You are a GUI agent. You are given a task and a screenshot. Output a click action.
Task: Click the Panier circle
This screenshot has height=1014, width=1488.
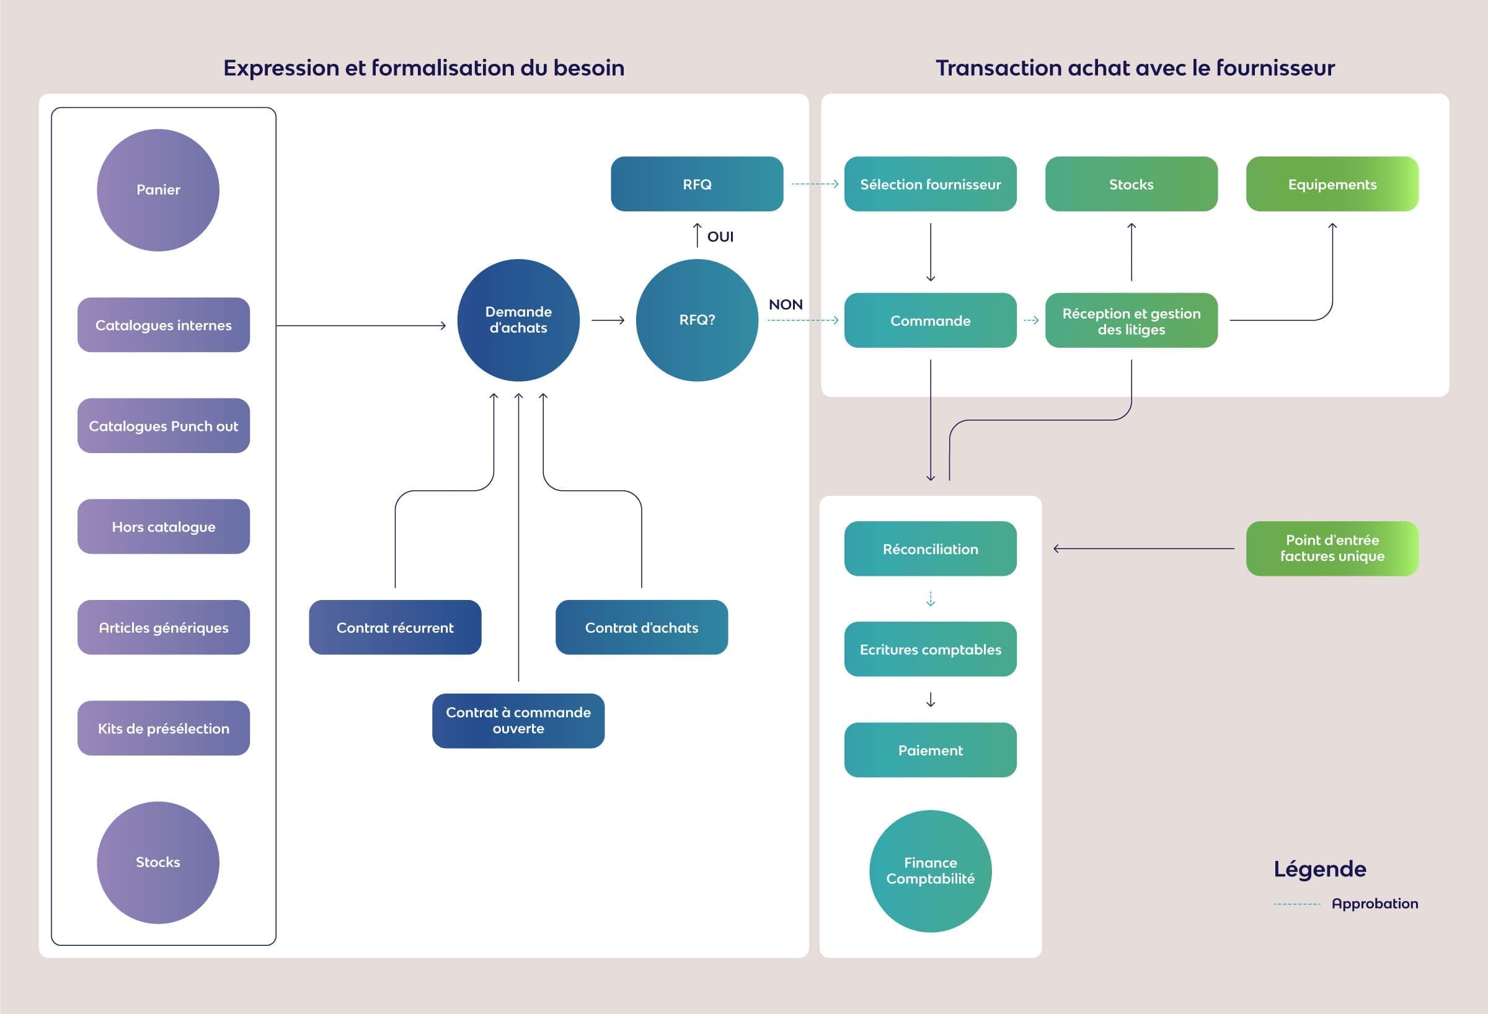(158, 190)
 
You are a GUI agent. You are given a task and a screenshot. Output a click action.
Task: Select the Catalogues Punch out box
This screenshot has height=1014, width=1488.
(163, 426)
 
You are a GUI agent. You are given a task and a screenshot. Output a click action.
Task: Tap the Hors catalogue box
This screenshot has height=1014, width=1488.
(163, 526)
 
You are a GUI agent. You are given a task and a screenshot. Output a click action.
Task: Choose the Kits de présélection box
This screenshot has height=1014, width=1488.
(163, 728)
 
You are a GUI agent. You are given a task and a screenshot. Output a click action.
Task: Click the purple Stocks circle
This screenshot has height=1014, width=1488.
(158, 862)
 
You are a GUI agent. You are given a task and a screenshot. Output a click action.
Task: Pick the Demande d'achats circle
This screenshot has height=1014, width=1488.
(518, 320)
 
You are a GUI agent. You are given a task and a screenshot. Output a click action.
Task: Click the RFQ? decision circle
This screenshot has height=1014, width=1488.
(697, 320)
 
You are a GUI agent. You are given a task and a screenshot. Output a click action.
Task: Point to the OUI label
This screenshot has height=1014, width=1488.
(720, 237)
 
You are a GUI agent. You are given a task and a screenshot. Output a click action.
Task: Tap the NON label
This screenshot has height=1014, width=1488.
(786, 305)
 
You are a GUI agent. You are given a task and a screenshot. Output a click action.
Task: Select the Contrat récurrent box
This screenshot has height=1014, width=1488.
(395, 627)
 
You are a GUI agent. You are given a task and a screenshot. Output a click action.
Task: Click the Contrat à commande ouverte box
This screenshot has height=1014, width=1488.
(518, 721)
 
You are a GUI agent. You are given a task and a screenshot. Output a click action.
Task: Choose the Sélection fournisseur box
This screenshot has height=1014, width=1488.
(931, 184)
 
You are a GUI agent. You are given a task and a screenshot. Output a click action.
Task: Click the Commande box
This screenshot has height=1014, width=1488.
(931, 320)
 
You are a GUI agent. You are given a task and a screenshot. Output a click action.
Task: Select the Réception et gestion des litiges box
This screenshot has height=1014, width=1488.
(1131, 320)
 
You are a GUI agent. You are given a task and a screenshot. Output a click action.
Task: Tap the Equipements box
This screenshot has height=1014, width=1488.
(1332, 184)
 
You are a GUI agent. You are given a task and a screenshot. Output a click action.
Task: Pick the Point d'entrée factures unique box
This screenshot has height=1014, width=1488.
(1332, 549)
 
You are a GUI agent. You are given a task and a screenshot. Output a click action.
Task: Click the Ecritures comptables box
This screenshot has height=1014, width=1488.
(931, 649)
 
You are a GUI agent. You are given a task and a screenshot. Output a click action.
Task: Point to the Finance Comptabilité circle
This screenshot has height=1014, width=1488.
(931, 871)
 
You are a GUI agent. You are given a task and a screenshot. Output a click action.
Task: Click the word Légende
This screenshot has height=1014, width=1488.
(1319, 870)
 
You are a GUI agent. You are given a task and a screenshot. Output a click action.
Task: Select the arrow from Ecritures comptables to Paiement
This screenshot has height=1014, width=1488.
(931, 700)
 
